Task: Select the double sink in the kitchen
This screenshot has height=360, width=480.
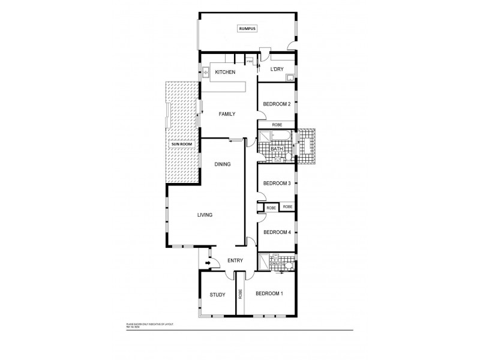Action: [x=205, y=72]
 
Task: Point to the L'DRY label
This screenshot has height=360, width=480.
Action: [x=277, y=70]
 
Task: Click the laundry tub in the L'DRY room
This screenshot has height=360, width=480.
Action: [x=290, y=77]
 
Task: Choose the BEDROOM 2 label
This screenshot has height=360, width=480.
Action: [x=277, y=104]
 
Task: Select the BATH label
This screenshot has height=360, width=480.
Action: [x=277, y=149]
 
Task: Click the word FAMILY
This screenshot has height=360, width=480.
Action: [x=226, y=113]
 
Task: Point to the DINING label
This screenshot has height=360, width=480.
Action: [x=223, y=164]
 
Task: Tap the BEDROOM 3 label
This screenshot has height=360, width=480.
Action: [x=277, y=183]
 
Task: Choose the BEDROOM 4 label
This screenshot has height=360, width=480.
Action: [x=277, y=232]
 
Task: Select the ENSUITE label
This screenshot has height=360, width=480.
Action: [x=277, y=262]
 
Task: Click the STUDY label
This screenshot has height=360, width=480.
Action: [x=217, y=295]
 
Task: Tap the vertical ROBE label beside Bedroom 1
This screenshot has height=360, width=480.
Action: [x=240, y=294]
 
